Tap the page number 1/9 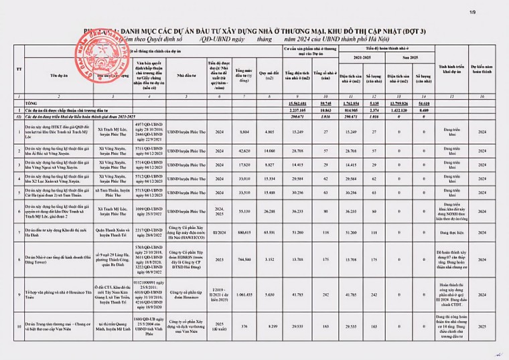492,11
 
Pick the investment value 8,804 244,132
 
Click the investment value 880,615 243,232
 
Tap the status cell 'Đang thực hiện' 461,232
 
